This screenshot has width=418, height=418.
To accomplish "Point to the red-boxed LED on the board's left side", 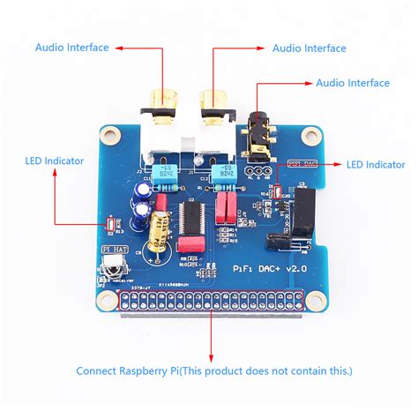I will click(110, 227).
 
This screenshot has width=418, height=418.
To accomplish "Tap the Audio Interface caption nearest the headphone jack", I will click(353, 83).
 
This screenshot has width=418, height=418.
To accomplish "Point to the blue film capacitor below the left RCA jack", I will click(164, 175).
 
